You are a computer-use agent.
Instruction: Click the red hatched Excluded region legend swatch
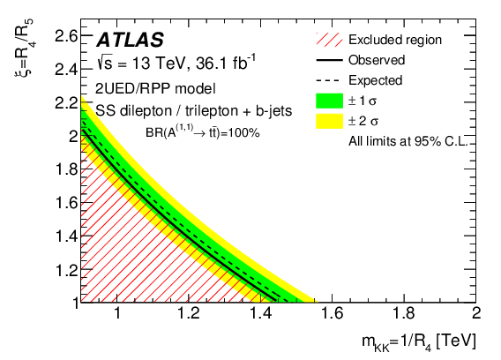tap(327, 39)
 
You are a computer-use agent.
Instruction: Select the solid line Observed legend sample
tap(327, 60)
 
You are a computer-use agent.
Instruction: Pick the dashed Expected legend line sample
tap(327, 80)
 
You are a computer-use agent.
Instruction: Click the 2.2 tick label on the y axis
tap(64, 103)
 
